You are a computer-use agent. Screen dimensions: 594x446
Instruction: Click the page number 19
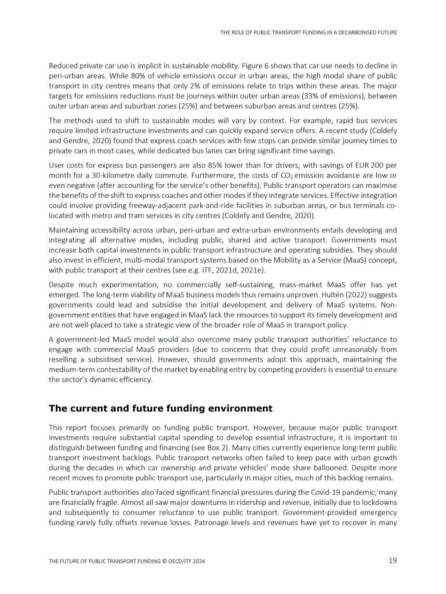(392, 561)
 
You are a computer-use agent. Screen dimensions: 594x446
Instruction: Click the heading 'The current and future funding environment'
(161, 409)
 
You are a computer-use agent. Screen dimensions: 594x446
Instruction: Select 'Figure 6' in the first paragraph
(255, 66)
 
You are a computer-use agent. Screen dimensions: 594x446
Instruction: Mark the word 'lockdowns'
(379, 503)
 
